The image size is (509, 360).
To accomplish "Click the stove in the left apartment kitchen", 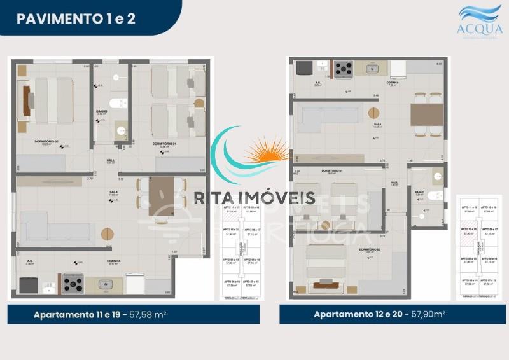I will tap(73, 283).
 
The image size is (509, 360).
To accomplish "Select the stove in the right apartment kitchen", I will tap(344, 67).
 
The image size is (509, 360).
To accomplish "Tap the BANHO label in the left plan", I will tap(102, 111).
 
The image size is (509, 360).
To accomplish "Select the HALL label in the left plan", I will tap(109, 160).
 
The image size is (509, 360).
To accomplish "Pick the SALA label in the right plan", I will tap(377, 123).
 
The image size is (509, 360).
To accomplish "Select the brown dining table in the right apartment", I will tap(427, 115).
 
